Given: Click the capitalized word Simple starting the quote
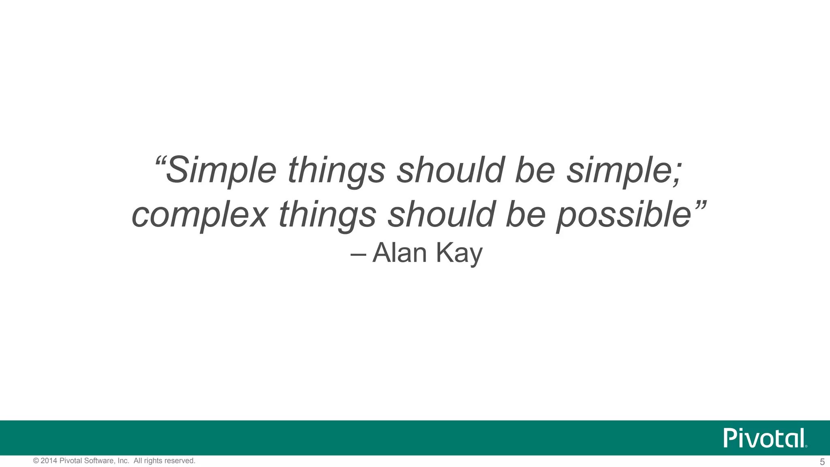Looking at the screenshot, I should click(x=221, y=170).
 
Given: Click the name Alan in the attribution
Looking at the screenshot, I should click(x=400, y=253).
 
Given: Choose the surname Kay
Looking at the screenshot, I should click(x=460, y=254).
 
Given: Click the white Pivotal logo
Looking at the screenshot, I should click(x=765, y=438).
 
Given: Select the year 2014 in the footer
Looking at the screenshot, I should click(x=49, y=461).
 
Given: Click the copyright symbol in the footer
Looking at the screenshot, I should click(x=36, y=461).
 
